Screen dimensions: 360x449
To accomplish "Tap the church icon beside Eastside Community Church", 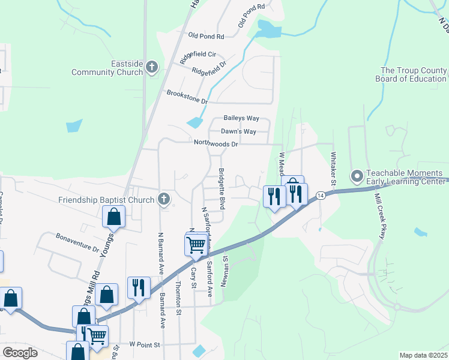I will click(x=152, y=67).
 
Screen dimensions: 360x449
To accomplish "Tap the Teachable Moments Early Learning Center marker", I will click(x=356, y=176).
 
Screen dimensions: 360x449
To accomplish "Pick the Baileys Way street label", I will click(x=241, y=118).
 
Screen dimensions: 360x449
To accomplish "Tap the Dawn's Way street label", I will click(x=238, y=131).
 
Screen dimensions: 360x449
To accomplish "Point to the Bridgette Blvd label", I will click(x=221, y=188).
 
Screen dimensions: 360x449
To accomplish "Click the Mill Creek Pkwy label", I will click(x=378, y=217).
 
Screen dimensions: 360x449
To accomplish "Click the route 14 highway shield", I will click(x=321, y=196).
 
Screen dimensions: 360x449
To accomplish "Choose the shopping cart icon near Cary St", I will click(x=195, y=245).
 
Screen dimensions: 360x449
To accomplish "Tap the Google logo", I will click(x=20, y=353).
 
